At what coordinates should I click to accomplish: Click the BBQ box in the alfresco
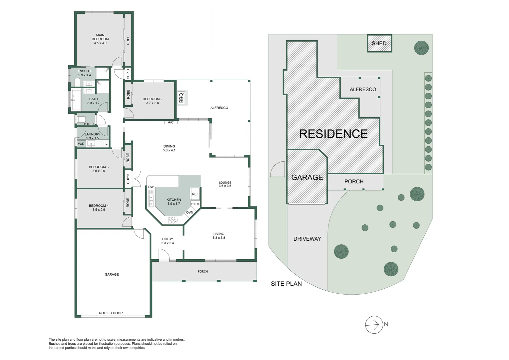point(182,98)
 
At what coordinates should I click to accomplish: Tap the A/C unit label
point(171,122)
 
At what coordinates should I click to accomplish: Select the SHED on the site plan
point(379,43)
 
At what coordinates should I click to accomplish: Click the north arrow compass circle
point(374,324)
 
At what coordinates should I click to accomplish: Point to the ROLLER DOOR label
point(111,313)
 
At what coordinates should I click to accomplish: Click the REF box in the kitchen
point(195,194)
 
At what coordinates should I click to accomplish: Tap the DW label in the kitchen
point(151,187)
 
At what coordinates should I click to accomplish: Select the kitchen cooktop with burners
point(173,220)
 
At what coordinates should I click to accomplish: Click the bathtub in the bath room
point(76,100)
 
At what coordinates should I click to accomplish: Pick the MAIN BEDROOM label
point(100,37)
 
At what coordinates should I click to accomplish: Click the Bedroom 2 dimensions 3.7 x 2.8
point(153,103)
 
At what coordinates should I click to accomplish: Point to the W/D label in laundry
point(81,144)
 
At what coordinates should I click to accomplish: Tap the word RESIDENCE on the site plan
point(333,134)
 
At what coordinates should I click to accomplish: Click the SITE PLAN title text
point(286,284)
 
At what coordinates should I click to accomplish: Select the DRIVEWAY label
point(307,239)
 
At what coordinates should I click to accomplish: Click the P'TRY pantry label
point(195,204)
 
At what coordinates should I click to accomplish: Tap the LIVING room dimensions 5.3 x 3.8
point(219,238)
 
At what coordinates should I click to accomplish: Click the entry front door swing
point(164,255)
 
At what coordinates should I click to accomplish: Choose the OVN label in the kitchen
point(190,212)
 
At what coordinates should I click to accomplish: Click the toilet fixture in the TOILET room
point(82,119)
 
